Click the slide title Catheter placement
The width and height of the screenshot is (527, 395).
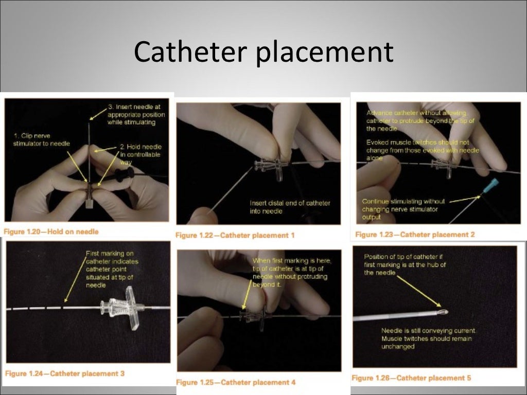263,52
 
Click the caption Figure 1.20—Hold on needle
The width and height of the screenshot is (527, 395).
51,231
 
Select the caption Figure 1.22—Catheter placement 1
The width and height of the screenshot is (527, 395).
235,235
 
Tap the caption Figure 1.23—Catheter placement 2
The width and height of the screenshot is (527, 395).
415,234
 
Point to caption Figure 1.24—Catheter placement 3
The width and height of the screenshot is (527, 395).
65,373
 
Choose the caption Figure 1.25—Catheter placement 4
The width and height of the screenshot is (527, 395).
236,382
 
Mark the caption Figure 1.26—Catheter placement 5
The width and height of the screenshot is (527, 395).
411,378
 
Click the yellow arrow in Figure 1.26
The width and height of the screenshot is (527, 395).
417,290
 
